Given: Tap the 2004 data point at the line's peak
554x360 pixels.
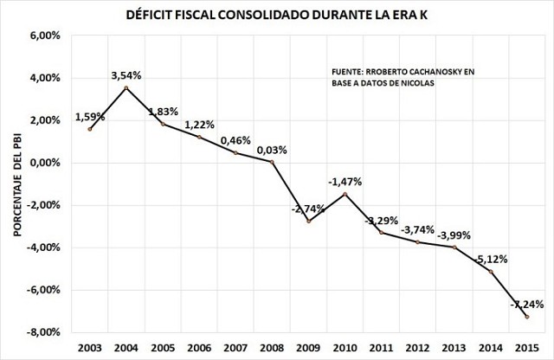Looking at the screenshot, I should click(x=126, y=87).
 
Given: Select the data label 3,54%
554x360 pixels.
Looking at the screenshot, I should click(x=126, y=75).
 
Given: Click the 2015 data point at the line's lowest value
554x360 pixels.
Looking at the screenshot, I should click(x=525, y=317).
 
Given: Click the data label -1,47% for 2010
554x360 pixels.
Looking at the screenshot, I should click(x=345, y=182).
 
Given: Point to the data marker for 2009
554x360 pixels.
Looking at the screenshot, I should click(x=308, y=221).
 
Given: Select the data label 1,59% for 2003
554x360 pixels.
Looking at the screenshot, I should click(x=90, y=117).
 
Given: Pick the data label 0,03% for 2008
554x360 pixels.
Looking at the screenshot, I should click(x=272, y=151).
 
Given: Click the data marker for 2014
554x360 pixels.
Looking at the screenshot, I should click(x=489, y=272).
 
